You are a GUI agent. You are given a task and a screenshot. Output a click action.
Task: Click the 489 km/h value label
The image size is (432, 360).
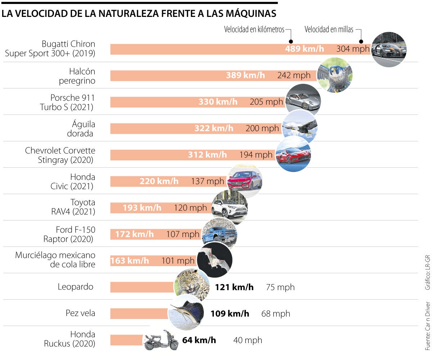click(x=305, y=49)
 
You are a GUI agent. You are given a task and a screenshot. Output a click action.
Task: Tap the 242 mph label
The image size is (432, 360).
click(x=294, y=75)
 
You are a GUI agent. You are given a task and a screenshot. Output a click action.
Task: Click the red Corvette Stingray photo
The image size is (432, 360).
click(x=293, y=154)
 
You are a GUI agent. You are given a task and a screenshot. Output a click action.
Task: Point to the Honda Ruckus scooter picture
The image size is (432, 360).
click(x=161, y=340)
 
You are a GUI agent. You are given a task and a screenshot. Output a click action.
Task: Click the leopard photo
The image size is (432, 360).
click(x=192, y=287)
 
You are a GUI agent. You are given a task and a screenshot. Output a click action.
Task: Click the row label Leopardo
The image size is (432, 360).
click(x=76, y=287)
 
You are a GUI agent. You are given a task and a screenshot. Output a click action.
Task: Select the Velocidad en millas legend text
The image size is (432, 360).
click(x=329, y=29)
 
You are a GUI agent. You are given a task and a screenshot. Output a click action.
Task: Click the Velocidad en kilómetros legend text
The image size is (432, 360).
click(x=254, y=29)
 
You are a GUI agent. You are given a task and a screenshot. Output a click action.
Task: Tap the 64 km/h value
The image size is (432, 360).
click(x=199, y=340)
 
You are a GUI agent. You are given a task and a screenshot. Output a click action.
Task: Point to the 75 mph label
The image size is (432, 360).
click(x=280, y=287)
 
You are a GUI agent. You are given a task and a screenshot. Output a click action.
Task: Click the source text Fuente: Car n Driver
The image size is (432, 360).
click(x=427, y=326)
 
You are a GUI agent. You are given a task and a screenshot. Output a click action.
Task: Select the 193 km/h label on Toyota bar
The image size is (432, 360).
click(x=142, y=208)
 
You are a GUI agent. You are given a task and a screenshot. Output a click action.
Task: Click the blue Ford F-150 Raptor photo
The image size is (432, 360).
click(x=219, y=234)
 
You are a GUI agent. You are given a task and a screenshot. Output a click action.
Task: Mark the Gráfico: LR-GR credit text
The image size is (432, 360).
click(x=427, y=273)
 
